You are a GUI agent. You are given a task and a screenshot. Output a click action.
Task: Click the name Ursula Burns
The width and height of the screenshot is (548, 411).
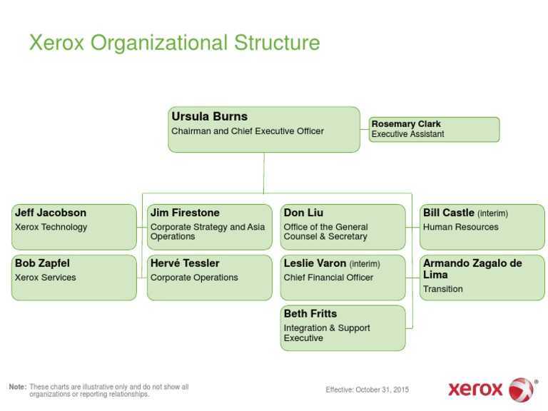pos(210,116)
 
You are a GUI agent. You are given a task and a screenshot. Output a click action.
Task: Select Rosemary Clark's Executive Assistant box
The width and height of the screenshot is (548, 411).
pos(434,129)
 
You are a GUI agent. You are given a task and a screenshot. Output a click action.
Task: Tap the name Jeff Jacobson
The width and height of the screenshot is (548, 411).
pos(51,213)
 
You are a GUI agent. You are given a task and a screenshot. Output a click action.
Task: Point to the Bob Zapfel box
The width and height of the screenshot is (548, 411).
pos(73,278)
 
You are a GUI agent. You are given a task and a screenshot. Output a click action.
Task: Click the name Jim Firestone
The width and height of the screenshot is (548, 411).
pos(185,213)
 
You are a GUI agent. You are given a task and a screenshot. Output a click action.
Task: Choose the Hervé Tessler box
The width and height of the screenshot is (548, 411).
pos(209,278)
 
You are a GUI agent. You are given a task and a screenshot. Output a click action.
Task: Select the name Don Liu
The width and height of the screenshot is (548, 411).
pos(303,213)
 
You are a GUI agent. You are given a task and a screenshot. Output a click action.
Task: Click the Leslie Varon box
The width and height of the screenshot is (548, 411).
pos(342,278)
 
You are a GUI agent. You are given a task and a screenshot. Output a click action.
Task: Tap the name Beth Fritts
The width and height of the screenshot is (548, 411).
pos(310,313)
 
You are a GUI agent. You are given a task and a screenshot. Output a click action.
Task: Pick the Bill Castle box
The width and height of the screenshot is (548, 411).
pos(482,227)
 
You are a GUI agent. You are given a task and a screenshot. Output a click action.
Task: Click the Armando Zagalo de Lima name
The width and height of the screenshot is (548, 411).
pos(472,268)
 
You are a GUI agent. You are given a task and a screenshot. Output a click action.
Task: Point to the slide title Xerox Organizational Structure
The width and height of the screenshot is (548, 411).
pos(174,43)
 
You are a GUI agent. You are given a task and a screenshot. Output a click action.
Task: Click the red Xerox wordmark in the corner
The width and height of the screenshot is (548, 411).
pos(476,390)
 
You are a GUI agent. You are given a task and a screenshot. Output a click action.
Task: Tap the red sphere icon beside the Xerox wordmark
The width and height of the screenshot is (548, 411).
pos(521,390)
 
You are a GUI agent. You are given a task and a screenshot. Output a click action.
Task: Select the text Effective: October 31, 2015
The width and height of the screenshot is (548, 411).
pos(367,390)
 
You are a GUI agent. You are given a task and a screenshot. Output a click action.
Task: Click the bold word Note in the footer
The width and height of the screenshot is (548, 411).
pos(17,387)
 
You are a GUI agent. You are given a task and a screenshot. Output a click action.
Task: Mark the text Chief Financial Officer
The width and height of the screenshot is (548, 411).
pos(328,278)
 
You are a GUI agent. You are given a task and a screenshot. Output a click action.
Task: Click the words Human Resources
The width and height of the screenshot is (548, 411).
pos(460,227)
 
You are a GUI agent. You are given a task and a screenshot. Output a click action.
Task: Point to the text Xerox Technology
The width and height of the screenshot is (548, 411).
pos(51,227)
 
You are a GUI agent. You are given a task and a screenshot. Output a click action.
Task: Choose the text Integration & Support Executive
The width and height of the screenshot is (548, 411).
pos(326,333)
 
